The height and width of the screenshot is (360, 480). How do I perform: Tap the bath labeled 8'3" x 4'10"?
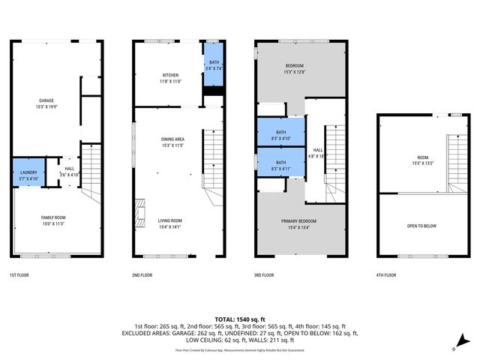coord(280,133)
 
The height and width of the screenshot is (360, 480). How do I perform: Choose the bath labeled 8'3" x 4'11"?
coord(280,165)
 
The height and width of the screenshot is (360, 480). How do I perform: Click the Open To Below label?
coord(422,226)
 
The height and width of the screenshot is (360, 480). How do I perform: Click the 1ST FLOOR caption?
coord(19,275)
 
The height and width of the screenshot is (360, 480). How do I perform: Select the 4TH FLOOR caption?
coord(387,275)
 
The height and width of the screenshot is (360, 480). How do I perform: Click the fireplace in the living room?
coord(139,211)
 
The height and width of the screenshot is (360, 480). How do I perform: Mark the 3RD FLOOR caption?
coord(265,275)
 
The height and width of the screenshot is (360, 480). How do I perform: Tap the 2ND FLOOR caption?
coord(142,275)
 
